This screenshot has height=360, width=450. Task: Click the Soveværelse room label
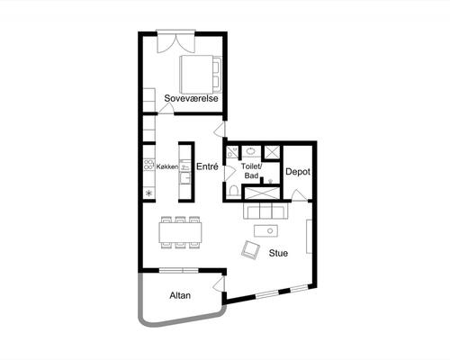(x=191, y=98)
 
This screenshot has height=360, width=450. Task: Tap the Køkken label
(x=167, y=166)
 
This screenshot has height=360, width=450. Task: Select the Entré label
(x=207, y=166)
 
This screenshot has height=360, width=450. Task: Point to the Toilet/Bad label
(x=252, y=171)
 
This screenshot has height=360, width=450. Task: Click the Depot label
(x=298, y=172)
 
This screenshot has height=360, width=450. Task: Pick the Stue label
(x=278, y=253)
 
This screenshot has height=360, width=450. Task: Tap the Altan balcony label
(x=180, y=295)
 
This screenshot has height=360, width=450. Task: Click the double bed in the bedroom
(x=201, y=75)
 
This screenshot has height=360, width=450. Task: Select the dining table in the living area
(x=180, y=232)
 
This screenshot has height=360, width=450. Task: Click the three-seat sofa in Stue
(x=265, y=211)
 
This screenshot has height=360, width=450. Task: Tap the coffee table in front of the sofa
(x=265, y=231)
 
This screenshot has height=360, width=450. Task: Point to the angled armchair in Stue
(x=250, y=249)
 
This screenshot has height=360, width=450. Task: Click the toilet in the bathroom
(x=233, y=191)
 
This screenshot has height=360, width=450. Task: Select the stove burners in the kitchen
(x=148, y=165)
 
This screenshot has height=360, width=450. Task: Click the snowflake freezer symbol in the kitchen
(x=148, y=193)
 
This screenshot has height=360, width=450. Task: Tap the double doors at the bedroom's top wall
(x=175, y=41)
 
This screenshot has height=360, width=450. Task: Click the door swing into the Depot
(x=300, y=195)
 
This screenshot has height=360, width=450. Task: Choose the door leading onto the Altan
(x=219, y=283)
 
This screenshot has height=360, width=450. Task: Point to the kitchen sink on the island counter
(x=184, y=177)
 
